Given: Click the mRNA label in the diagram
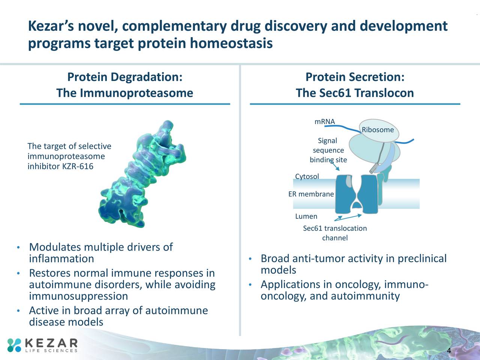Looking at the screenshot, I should point(324,121).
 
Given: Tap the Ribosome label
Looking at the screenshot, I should point(378,130).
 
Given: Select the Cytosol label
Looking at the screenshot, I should point(307,176).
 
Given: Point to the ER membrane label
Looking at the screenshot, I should point(311,194).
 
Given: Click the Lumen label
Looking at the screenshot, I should point(306,216).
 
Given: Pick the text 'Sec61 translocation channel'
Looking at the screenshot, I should point(335,233).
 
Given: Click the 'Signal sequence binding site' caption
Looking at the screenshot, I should point(328,150).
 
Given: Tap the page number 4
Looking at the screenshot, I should point(448,351).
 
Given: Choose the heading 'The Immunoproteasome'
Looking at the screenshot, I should point(124,93).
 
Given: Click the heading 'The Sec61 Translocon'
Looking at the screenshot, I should point(354,93).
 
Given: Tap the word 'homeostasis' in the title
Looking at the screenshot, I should point(231,43).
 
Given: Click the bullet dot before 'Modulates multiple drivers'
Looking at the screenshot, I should point(18,248).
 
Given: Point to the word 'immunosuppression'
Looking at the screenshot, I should point(78,296).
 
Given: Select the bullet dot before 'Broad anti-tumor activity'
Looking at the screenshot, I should point(249,259).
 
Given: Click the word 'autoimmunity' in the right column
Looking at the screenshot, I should point(365,296).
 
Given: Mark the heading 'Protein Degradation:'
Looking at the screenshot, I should point(124,77).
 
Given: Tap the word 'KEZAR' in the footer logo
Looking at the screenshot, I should point(51,343).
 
